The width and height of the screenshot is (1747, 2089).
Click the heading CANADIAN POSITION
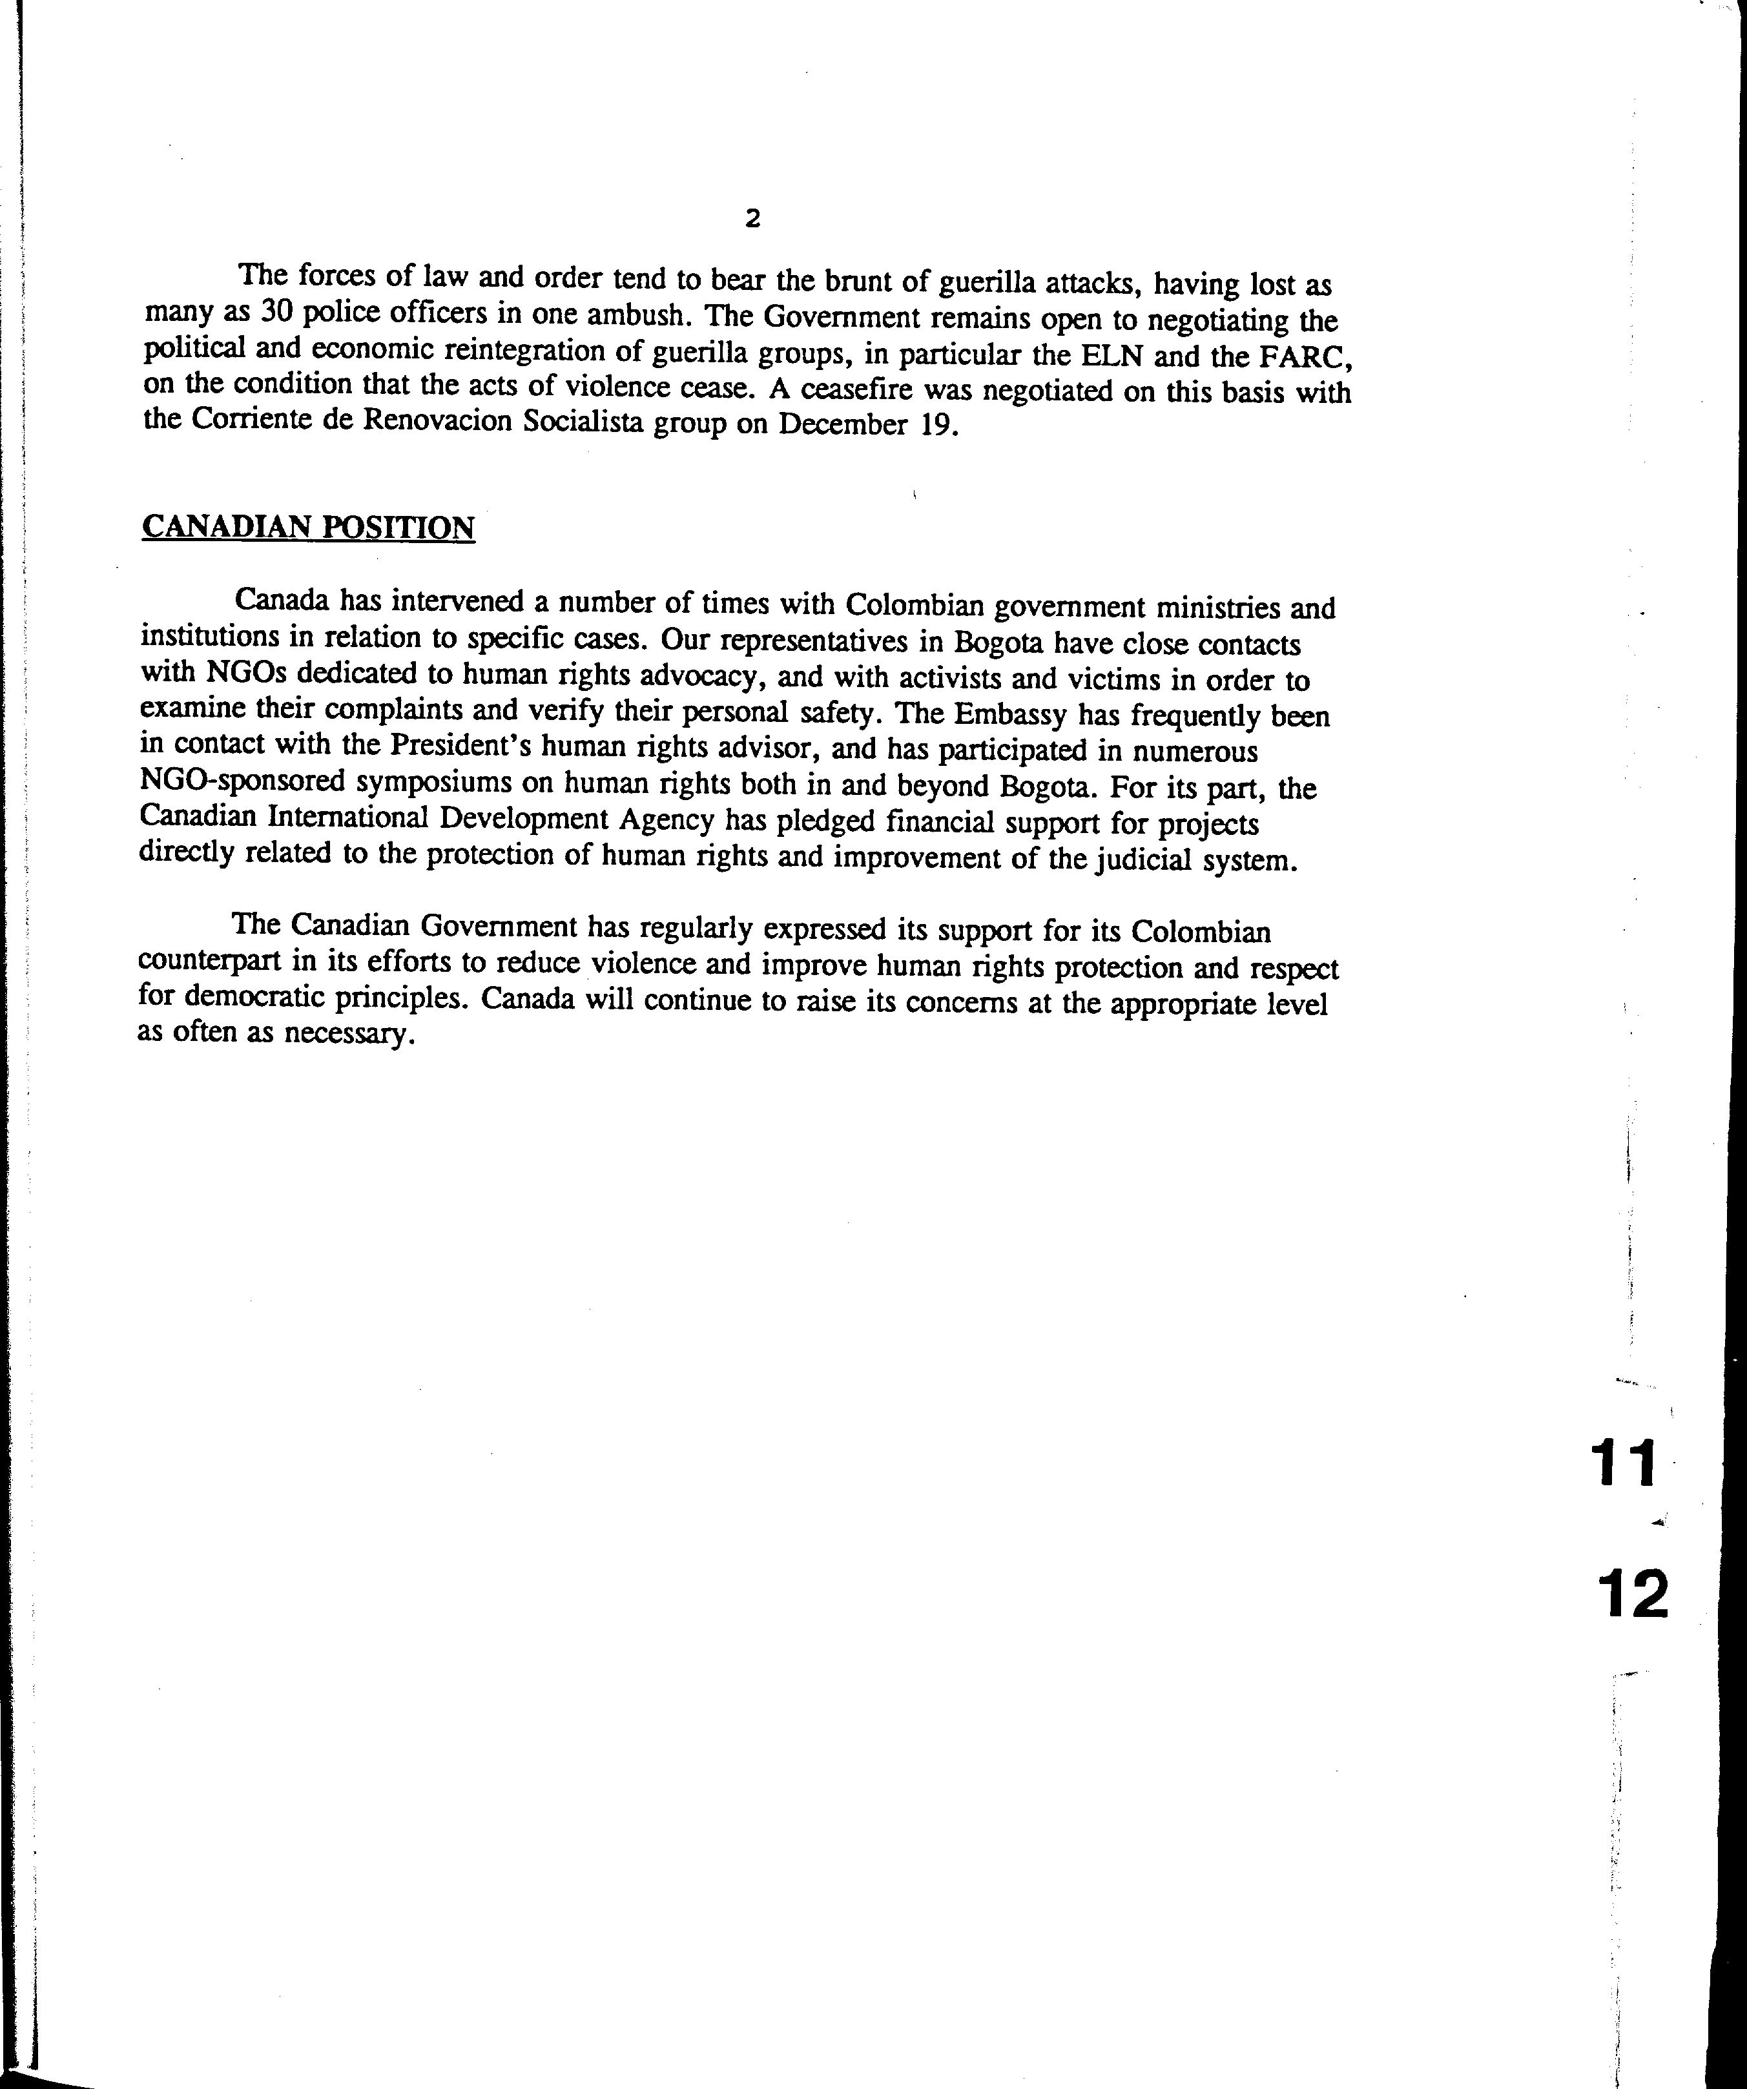tap(309, 526)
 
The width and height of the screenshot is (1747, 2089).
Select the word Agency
tap(666, 819)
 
